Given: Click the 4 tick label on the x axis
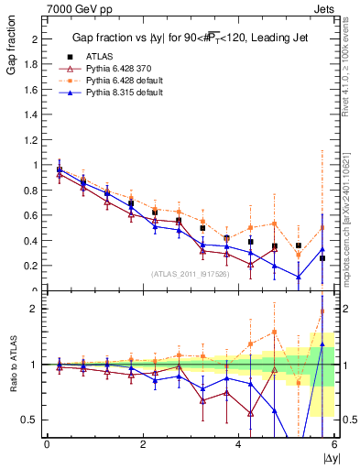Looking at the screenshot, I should point(238,444).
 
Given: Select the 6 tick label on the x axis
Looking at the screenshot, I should point(334,444).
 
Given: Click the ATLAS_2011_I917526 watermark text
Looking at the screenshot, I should point(190,273).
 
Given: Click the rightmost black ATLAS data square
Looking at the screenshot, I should point(322,258).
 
